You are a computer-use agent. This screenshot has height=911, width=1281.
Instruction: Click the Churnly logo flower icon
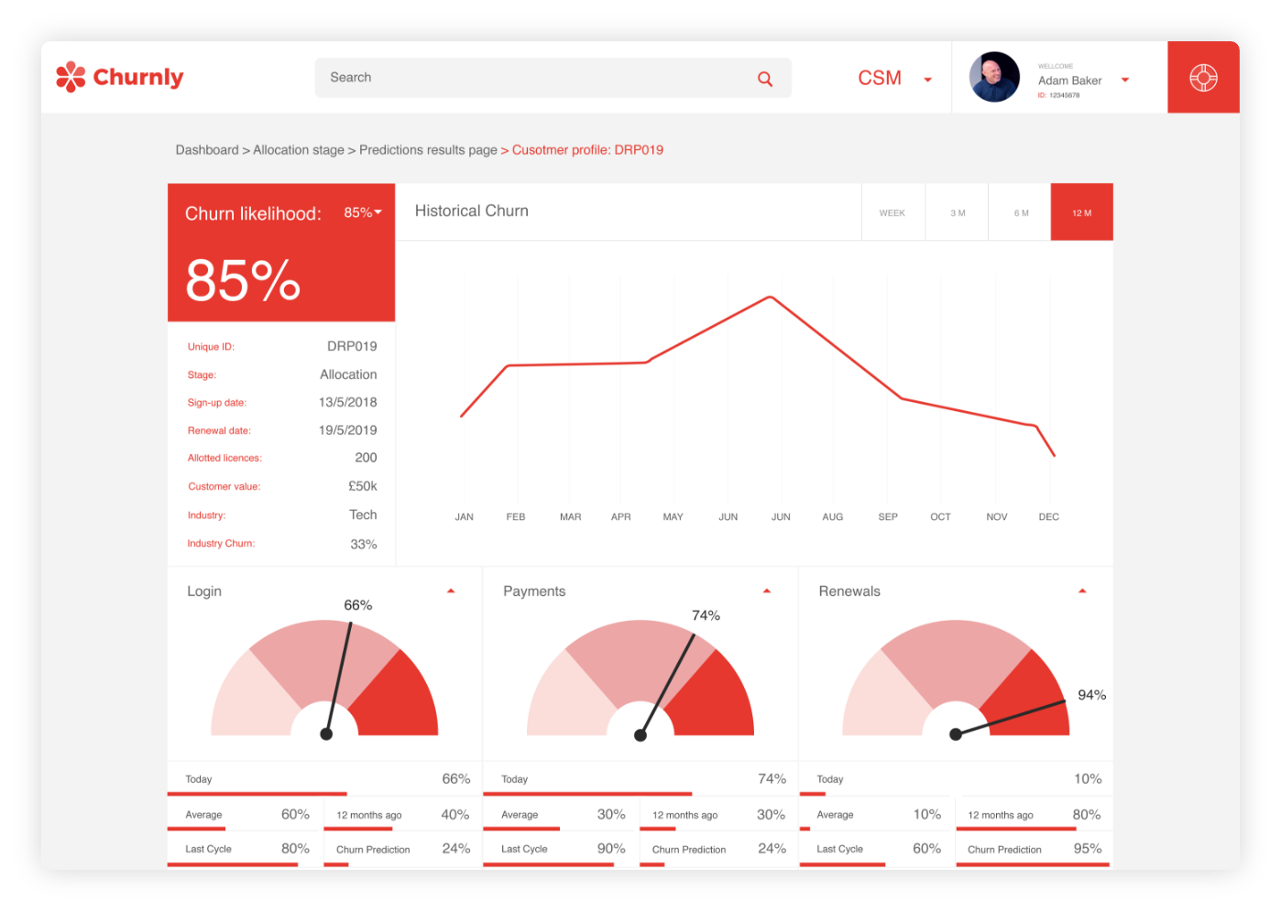coord(71,77)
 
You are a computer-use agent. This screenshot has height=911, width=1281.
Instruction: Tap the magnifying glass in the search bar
coord(765,79)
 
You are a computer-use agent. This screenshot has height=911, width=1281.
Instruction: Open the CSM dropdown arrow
coord(927,80)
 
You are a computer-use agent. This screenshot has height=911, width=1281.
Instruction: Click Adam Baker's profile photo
coord(994,77)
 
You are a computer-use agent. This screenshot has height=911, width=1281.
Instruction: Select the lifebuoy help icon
coord(1203,78)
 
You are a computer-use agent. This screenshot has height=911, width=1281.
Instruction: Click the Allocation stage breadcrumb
coord(299,150)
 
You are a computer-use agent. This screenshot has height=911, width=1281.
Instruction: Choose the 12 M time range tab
coord(1081,212)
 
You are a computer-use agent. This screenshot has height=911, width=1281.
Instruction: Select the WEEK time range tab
coord(892,212)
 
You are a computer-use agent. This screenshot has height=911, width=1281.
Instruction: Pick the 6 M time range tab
coord(1021,212)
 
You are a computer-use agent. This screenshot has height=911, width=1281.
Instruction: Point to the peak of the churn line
coord(771,297)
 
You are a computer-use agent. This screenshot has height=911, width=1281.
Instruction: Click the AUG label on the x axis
coord(832,517)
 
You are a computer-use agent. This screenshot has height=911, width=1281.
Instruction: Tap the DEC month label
coord(1048,517)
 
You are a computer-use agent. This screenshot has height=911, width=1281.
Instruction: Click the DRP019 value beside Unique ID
coord(352,346)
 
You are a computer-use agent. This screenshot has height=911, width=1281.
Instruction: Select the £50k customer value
coord(362,486)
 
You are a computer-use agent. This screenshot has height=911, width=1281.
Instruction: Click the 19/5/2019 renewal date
coord(347,430)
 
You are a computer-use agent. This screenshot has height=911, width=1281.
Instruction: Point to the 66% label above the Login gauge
coord(357,605)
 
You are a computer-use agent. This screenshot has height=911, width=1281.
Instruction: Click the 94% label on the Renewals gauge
coord(1091,695)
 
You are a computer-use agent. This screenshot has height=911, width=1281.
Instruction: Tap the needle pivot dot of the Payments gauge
coord(640,735)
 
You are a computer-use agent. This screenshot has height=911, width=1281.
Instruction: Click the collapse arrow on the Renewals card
coord(1082,591)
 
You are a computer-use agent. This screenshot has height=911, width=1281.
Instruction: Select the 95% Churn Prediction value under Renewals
coord(1087,849)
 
